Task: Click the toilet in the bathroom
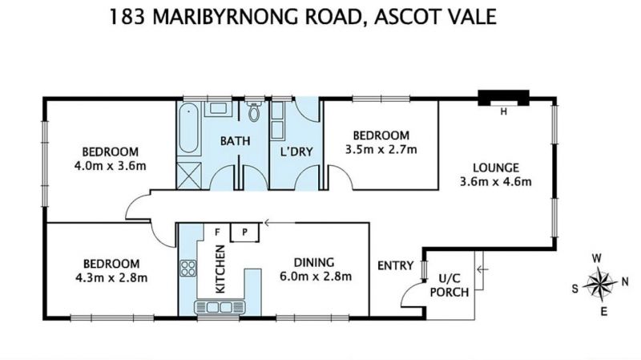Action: [254, 110]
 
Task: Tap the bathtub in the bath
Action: [188, 127]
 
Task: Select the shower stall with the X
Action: [188, 176]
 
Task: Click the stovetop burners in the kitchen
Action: [188, 269]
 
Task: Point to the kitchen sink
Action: [220, 307]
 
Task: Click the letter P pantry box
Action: [244, 233]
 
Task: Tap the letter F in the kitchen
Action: [217, 233]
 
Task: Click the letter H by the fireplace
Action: [504, 111]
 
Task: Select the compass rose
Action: [599, 283]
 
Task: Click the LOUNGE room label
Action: [496, 168]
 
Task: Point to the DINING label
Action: [314, 262]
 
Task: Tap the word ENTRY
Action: [395, 265]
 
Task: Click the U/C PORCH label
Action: [450, 285]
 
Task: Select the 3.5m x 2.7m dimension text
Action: [381, 149]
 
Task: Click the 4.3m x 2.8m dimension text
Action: [111, 277]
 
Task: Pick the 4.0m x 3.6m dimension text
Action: [110, 166]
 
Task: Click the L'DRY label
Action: [296, 152]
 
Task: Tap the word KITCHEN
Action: [220, 269]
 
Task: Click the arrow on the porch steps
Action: [482, 269]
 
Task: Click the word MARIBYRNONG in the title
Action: [257, 17]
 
